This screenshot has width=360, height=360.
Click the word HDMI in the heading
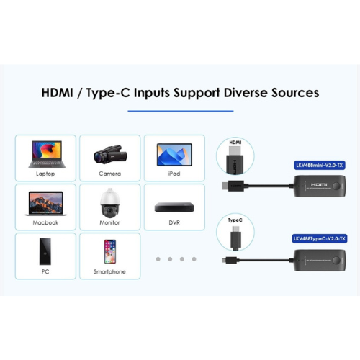(x=57, y=93)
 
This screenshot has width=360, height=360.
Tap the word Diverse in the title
(x=246, y=93)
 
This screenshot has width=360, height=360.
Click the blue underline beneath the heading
(x=181, y=111)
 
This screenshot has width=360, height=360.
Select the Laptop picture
(x=47, y=154)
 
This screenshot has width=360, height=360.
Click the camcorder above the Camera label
(x=110, y=154)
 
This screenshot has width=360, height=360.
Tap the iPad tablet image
(x=174, y=155)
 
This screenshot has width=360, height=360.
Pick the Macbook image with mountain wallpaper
(x=46, y=204)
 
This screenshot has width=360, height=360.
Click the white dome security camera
(x=110, y=203)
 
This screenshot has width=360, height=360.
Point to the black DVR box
(x=174, y=207)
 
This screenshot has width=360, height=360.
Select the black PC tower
(x=45, y=251)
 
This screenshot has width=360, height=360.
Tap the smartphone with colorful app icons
(x=110, y=251)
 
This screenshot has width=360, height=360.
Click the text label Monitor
(x=109, y=222)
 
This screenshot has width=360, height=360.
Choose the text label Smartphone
(x=109, y=271)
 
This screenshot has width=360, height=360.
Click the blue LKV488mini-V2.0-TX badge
(x=320, y=165)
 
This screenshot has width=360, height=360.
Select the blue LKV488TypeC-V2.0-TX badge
(x=320, y=238)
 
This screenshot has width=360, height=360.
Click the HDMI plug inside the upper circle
(x=235, y=160)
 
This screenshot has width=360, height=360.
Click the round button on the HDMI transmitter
(x=337, y=186)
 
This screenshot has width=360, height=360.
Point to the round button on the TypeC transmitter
(x=337, y=260)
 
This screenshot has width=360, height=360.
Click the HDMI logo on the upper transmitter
(x=319, y=184)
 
